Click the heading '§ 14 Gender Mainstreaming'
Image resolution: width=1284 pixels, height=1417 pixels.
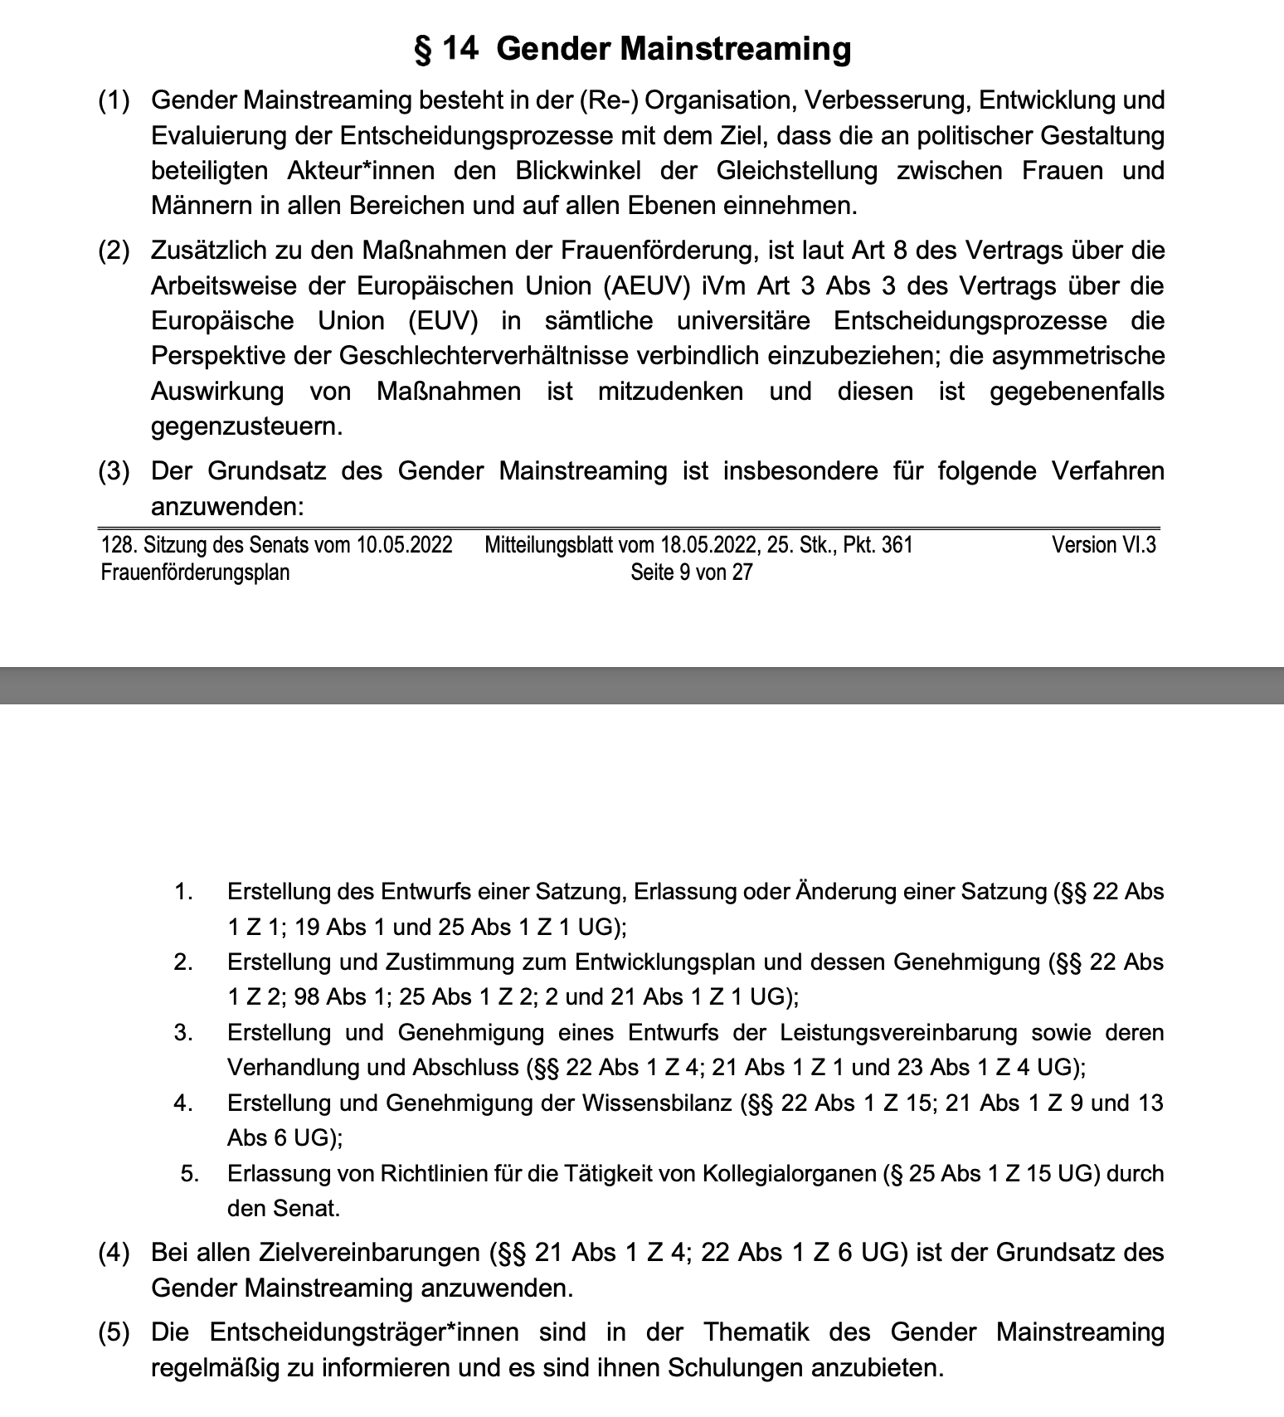(x=632, y=48)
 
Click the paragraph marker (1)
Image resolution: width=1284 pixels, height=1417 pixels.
(x=114, y=100)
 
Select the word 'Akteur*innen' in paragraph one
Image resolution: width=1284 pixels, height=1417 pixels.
(x=361, y=171)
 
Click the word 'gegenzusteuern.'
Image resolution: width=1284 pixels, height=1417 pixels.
(x=247, y=426)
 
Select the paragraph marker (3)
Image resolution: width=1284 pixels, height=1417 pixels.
(x=114, y=471)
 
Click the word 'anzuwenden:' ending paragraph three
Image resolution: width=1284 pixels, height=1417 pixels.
(x=227, y=506)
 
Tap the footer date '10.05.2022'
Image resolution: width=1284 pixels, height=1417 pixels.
(x=405, y=545)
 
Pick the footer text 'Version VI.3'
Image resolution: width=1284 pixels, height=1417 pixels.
(x=1104, y=545)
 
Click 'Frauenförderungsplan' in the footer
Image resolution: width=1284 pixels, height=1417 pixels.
(x=195, y=572)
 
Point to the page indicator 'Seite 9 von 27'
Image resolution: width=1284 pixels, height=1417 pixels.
(x=691, y=572)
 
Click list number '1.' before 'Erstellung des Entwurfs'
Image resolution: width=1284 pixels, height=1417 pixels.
(x=183, y=892)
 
